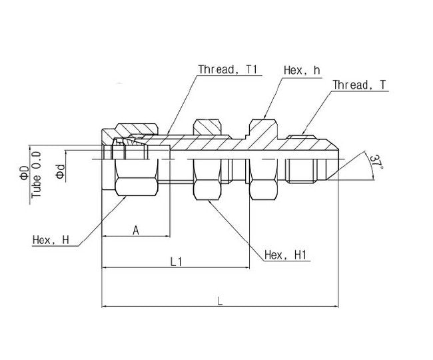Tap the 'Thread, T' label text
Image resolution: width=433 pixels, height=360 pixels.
[x=359, y=85]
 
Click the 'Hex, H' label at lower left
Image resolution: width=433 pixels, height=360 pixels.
[x=50, y=239]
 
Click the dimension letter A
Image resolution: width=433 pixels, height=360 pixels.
[x=136, y=230]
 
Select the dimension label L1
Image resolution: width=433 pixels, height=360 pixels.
[x=176, y=262]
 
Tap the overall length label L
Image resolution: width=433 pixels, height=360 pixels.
[x=220, y=301]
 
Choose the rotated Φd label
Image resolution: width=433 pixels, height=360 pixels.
[x=59, y=173]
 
